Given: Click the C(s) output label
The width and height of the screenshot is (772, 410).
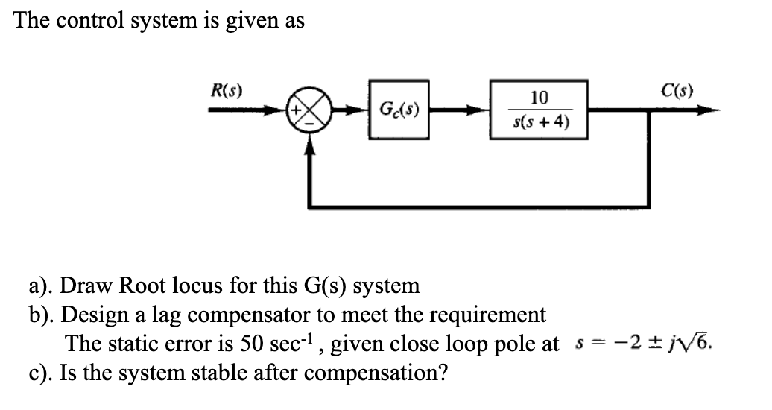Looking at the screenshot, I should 677,92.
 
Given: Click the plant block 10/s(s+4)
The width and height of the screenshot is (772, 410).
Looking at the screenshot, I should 538,110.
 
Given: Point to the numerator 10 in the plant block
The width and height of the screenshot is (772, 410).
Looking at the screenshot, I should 539,98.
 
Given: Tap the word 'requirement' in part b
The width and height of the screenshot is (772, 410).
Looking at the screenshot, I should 484,315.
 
